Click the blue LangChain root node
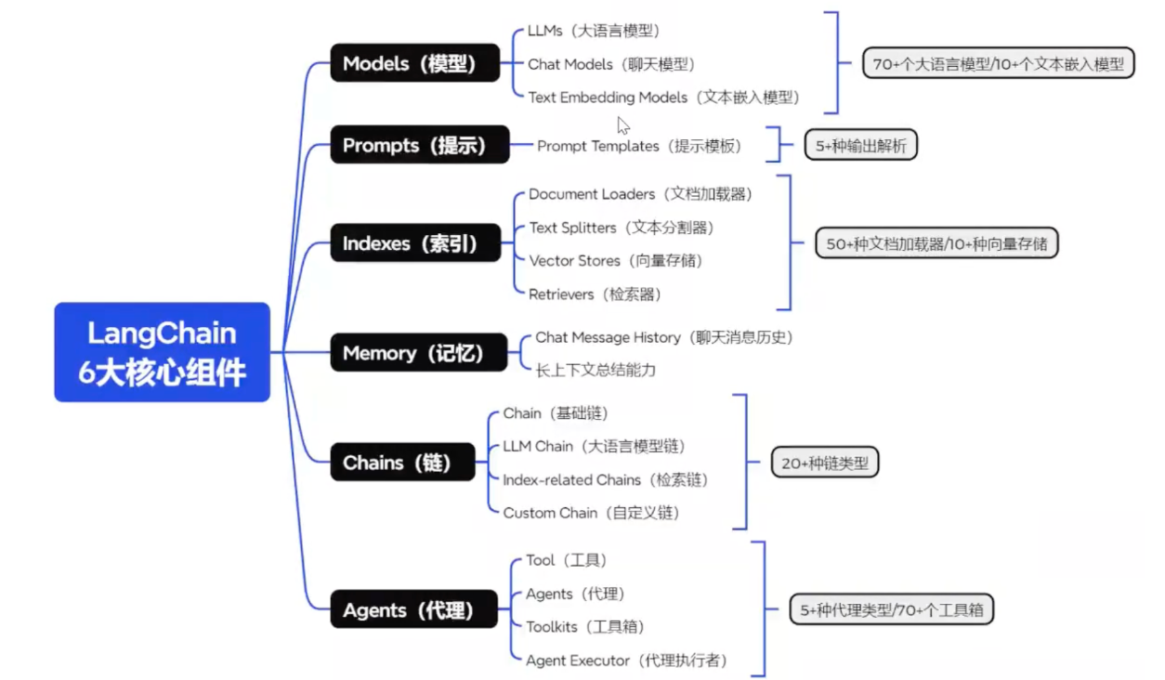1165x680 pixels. (x=162, y=352)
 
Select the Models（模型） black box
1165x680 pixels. (x=414, y=63)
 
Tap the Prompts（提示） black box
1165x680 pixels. (x=419, y=145)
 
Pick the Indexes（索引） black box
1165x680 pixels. (x=414, y=243)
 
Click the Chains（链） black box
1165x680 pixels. (x=402, y=462)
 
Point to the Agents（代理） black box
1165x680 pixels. (x=413, y=609)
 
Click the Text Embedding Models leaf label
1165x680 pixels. (x=662, y=97)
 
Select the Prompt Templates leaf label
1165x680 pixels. (x=639, y=146)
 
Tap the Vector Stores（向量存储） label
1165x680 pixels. (x=615, y=261)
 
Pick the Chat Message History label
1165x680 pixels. (x=663, y=337)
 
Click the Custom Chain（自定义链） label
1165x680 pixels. (x=591, y=513)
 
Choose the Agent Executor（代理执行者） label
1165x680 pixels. (x=626, y=660)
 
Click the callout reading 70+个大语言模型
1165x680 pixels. (x=998, y=63)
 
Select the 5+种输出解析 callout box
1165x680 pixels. (x=860, y=145)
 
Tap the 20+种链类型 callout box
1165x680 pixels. (x=824, y=463)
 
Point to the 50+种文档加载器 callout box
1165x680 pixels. (x=936, y=243)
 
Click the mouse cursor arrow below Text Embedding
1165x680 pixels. (x=622, y=124)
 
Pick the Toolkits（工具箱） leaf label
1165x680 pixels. (x=584, y=627)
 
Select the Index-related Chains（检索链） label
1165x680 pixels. (x=605, y=480)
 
